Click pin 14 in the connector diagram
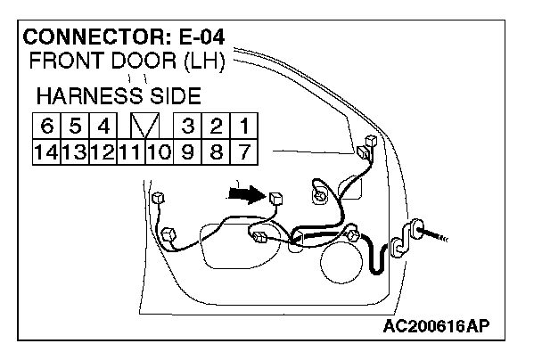[45, 151]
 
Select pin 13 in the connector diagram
[73, 151]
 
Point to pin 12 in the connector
[101, 151]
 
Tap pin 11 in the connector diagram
[129, 151]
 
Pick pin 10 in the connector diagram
[158, 151]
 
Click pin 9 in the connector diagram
[187, 151]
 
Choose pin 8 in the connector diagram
[215, 151]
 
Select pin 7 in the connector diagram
[242, 151]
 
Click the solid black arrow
[247, 193]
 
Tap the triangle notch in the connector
[144, 124]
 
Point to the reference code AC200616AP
[440, 326]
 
